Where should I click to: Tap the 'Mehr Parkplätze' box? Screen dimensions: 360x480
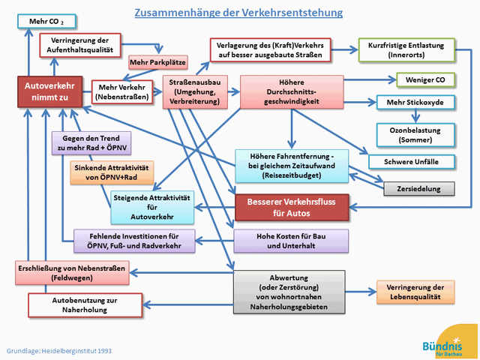(157, 61)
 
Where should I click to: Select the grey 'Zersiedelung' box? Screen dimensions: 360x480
(419, 189)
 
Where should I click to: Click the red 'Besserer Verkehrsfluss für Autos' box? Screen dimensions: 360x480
(292, 208)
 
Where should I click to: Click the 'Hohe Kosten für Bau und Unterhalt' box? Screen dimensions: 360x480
(292, 240)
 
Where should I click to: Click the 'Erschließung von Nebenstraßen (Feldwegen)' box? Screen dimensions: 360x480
(73, 272)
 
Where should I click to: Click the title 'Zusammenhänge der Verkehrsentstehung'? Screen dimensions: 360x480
(238, 13)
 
